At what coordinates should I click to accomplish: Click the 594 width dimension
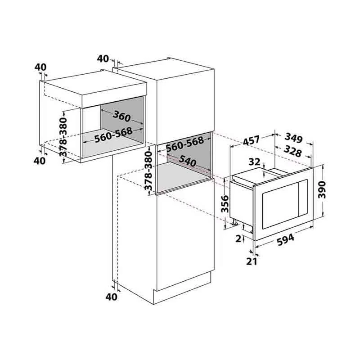point(285,240)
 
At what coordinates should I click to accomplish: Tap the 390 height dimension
point(322,189)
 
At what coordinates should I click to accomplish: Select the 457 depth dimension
point(252,141)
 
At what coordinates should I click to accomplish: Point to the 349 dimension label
point(293,138)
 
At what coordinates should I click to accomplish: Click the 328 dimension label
point(292,151)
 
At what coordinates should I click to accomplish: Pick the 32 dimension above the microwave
point(254,162)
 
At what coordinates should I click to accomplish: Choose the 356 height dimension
point(225,204)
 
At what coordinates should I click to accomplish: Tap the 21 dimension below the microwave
point(252,261)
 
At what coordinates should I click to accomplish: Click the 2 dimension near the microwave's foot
point(239,239)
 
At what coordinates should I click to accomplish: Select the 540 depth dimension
point(188,161)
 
